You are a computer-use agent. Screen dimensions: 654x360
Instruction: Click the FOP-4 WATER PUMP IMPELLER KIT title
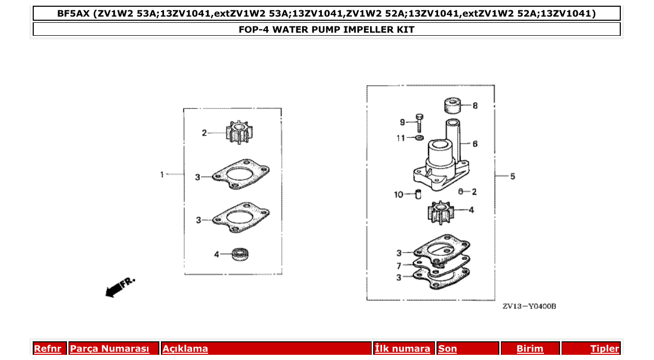(326, 30)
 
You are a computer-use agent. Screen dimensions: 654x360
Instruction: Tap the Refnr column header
(47, 349)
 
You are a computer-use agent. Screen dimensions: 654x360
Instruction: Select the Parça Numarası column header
(110, 349)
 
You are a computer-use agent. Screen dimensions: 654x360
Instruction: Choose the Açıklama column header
(185, 349)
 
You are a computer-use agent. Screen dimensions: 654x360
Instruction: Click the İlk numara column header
(402, 349)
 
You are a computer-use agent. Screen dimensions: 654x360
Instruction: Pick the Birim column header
(530, 349)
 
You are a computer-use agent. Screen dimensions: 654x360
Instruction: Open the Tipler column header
(605, 349)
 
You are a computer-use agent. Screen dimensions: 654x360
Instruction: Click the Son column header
(447, 349)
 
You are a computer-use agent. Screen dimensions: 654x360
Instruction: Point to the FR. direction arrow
(119, 287)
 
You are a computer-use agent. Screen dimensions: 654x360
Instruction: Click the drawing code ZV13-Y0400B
(529, 307)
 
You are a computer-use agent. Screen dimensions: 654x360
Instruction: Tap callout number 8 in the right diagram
(475, 106)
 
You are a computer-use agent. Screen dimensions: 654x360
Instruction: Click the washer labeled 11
(419, 138)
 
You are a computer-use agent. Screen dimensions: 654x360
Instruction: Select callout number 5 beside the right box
(512, 176)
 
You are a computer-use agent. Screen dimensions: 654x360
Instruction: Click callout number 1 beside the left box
(162, 175)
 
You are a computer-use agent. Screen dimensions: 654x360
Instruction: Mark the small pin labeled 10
(417, 195)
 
